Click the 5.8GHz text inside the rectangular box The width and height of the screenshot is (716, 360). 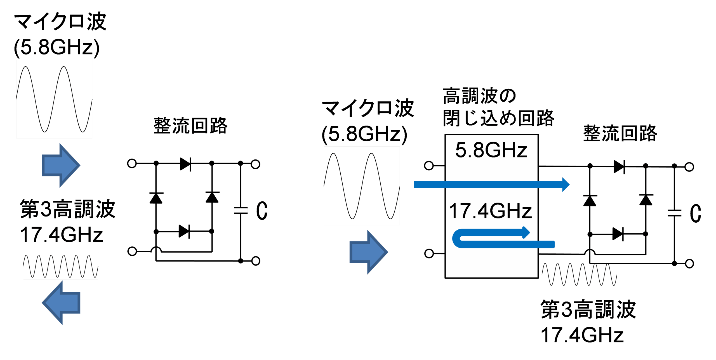[491, 150]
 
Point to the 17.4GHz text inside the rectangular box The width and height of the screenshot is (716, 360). [490, 211]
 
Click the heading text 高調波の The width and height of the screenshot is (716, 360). [479, 96]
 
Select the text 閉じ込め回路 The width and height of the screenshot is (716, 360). [498, 118]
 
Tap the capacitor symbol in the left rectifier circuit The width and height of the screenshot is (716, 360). [241, 210]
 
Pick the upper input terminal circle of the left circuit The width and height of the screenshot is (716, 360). [132, 163]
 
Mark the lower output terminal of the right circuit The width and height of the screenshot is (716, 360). [689, 263]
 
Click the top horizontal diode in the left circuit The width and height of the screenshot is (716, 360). [185, 164]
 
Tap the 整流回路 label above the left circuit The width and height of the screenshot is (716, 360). [190, 126]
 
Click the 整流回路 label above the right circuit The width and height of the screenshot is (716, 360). [620, 133]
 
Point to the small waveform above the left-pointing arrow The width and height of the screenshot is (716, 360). [60, 266]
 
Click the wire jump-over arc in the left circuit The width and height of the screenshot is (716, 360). [156, 250]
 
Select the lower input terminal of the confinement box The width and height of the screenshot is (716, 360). [429, 253]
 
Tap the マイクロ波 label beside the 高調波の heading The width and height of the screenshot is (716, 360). [368, 109]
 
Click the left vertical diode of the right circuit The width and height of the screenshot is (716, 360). [590, 201]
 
